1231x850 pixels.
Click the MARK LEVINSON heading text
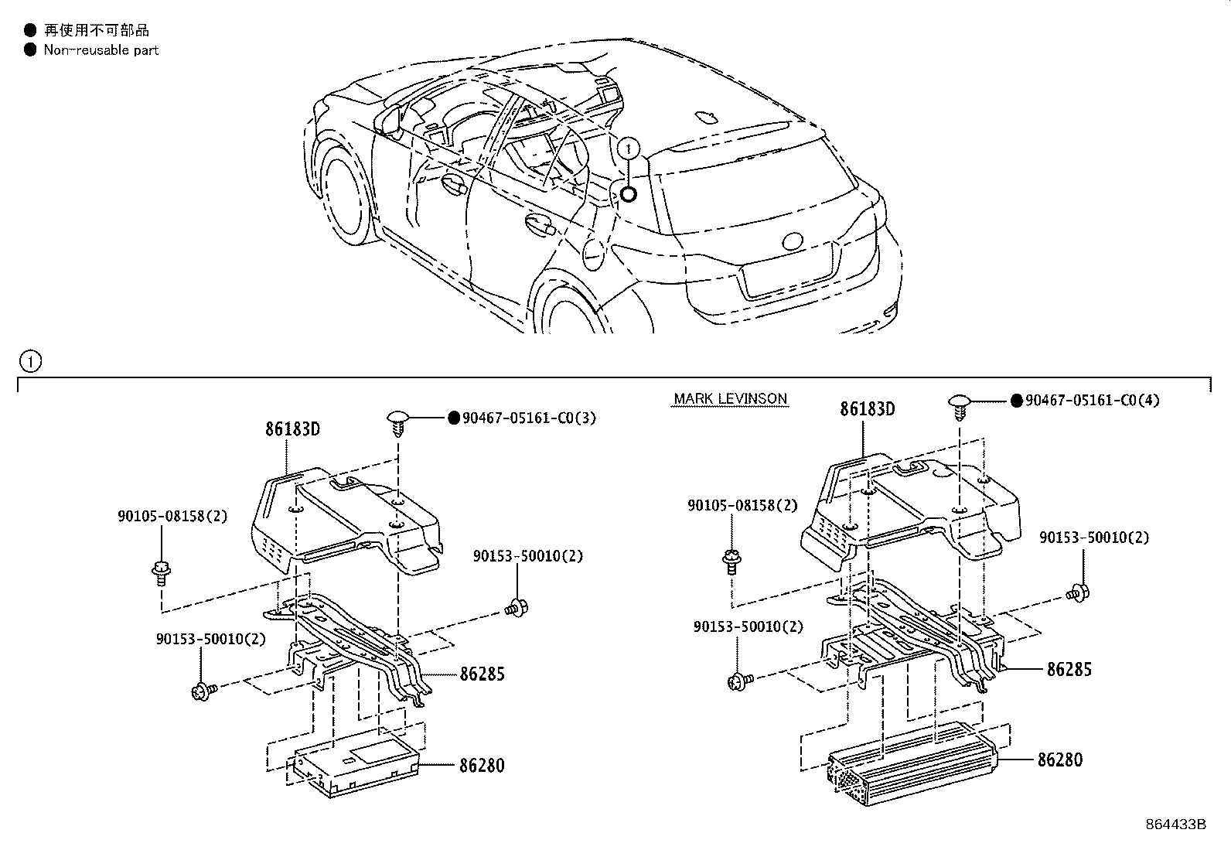click(x=730, y=399)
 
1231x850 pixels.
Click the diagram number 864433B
click(x=1175, y=824)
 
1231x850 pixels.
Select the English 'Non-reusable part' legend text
click(x=101, y=50)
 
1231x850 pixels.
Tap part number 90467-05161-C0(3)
click(x=529, y=418)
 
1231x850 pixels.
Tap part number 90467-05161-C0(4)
click(x=1092, y=400)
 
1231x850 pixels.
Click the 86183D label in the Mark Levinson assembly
click(x=867, y=409)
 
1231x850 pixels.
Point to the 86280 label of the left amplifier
click(x=481, y=766)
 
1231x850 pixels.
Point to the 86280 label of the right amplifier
click(x=1059, y=760)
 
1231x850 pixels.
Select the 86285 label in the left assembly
click(x=481, y=674)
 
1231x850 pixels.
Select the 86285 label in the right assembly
click(x=1069, y=669)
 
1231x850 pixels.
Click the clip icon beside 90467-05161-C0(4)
click(x=960, y=405)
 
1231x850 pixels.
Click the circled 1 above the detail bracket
click(x=30, y=360)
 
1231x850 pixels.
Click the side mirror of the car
click(x=388, y=119)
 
